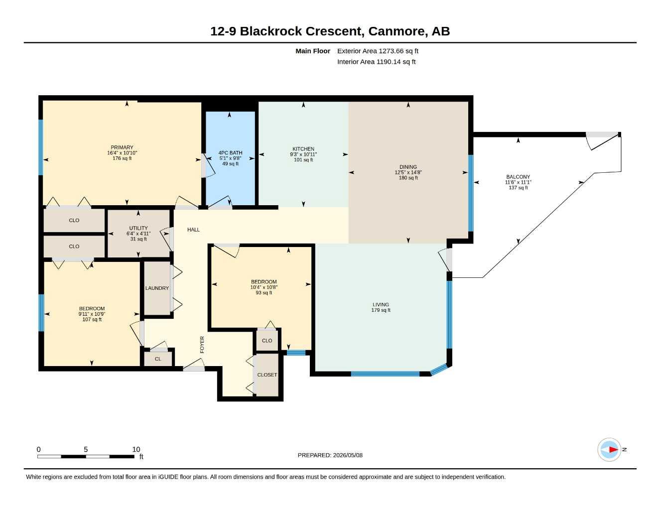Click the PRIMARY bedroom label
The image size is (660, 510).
pos(122,147)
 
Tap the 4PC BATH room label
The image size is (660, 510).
pos(230,153)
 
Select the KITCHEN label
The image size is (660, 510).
pos(303,149)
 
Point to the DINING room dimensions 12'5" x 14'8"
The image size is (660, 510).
pos(408,172)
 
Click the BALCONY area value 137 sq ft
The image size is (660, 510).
pos(518,188)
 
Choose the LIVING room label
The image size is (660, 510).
pos(381,304)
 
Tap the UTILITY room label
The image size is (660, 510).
pos(138,228)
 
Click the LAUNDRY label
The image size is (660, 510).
pos(157,288)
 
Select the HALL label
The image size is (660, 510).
pos(193,230)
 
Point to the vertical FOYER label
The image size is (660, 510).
pos(202,345)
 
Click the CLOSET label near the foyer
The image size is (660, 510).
pos(267,375)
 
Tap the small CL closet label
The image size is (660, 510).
pos(158,359)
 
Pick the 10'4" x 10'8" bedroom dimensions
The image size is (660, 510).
pos(264,287)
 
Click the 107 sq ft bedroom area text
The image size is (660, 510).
pos(92,319)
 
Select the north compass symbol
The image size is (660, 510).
pos(609,450)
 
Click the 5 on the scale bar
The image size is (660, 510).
pos(86,449)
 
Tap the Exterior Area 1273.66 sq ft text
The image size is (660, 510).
pos(378,51)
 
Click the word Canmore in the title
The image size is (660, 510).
pos(396,31)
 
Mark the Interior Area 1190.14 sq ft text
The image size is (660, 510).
pos(376,62)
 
